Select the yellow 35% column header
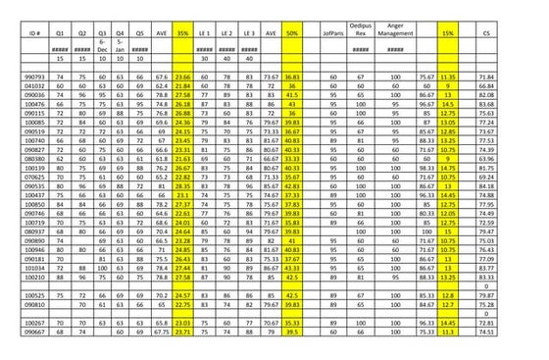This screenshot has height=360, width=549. coord(182,32)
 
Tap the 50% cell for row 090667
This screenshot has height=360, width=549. coord(291,333)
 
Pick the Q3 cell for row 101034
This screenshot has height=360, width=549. coord(103,267)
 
